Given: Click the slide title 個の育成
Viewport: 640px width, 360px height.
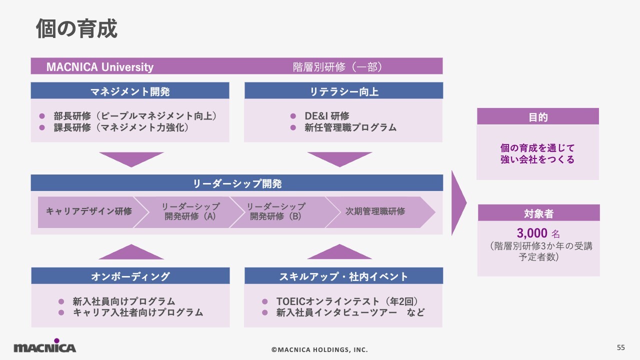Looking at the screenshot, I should (76, 29).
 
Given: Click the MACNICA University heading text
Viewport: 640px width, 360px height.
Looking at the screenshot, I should (100, 67).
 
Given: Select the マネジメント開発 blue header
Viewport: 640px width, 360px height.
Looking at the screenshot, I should (130, 91).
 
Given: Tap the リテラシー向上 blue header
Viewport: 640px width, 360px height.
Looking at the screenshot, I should (343, 91).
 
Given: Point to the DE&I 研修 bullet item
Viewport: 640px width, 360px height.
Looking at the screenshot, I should (326, 116).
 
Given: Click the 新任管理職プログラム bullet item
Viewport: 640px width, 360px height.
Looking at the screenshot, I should (350, 127).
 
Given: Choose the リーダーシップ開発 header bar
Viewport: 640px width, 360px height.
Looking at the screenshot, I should (237, 183).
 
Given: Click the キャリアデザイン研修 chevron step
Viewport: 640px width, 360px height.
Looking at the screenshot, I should (88, 211).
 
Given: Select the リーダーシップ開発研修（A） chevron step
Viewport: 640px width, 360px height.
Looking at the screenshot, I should (190, 211).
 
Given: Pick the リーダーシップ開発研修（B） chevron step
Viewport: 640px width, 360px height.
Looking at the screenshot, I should (275, 211).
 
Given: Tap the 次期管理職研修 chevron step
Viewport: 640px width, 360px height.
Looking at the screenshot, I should (375, 211).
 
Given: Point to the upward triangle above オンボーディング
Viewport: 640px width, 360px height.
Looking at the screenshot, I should (131, 253).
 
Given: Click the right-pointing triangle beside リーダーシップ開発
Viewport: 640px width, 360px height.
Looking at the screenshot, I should (458, 202).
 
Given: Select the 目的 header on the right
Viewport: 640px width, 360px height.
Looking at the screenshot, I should (538, 117).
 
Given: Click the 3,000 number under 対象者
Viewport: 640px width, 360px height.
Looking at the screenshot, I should (532, 233).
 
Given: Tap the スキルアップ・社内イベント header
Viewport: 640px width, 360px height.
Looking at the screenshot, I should (343, 276).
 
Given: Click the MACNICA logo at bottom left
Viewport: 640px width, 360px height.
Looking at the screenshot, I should (44, 347).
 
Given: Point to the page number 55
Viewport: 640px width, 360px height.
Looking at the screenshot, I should (621, 347).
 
